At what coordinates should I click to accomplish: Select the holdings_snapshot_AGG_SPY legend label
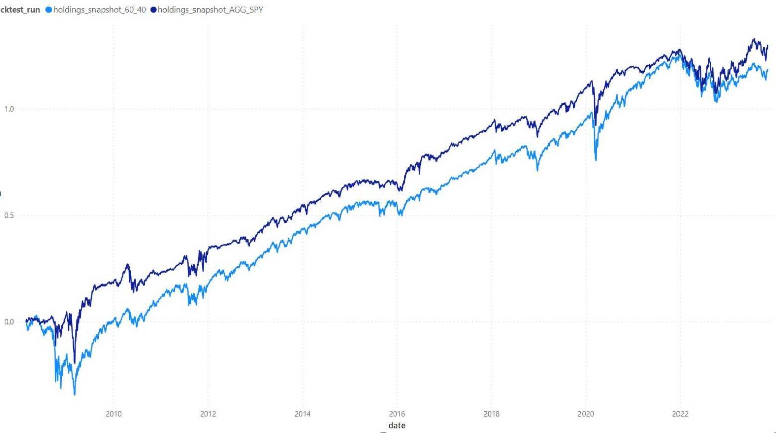[x=210, y=10]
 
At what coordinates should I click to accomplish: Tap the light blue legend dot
[x=49, y=10]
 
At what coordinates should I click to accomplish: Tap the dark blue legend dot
[x=154, y=10]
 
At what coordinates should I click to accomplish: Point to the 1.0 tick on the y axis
[x=9, y=109]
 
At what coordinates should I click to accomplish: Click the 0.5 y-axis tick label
[x=9, y=215]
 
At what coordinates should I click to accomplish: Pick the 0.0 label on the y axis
[x=9, y=322]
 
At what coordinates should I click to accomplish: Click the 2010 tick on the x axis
[x=114, y=414]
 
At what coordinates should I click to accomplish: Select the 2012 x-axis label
[x=208, y=414]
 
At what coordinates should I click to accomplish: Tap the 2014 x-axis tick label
[x=302, y=414]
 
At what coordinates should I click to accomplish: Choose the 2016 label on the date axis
[x=397, y=414]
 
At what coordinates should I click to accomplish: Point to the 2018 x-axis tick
[x=491, y=414]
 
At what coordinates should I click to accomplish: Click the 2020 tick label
[x=586, y=414]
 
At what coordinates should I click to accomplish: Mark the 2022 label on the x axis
[x=680, y=414]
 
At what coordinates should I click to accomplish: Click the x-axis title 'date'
[x=397, y=425]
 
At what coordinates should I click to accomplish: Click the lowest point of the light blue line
[x=75, y=394]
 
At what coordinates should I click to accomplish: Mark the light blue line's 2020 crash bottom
[x=596, y=160]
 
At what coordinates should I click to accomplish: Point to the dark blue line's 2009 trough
[x=74, y=363]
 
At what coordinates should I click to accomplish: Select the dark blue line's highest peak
[x=754, y=39]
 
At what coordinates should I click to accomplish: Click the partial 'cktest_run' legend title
[x=20, y=10]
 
